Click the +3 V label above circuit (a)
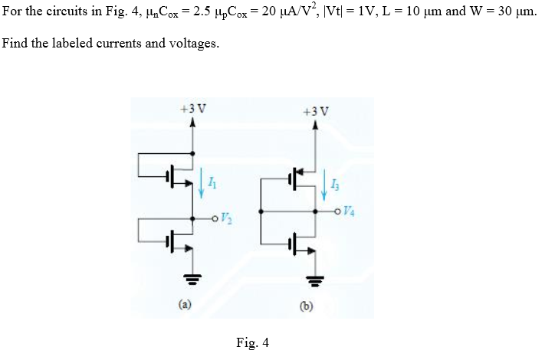pos(191,107)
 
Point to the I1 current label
pos(214,183)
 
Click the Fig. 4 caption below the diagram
pos(253,342)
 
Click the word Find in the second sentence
pos(16,42)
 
